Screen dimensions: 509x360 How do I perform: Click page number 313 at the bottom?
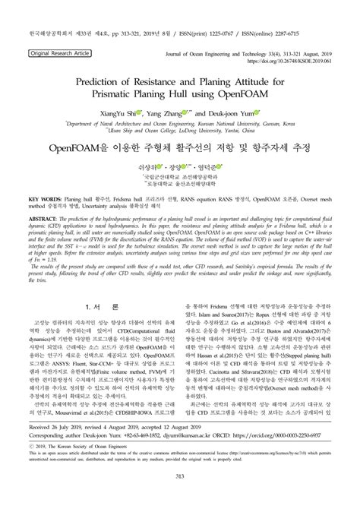[x=180, y=476]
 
